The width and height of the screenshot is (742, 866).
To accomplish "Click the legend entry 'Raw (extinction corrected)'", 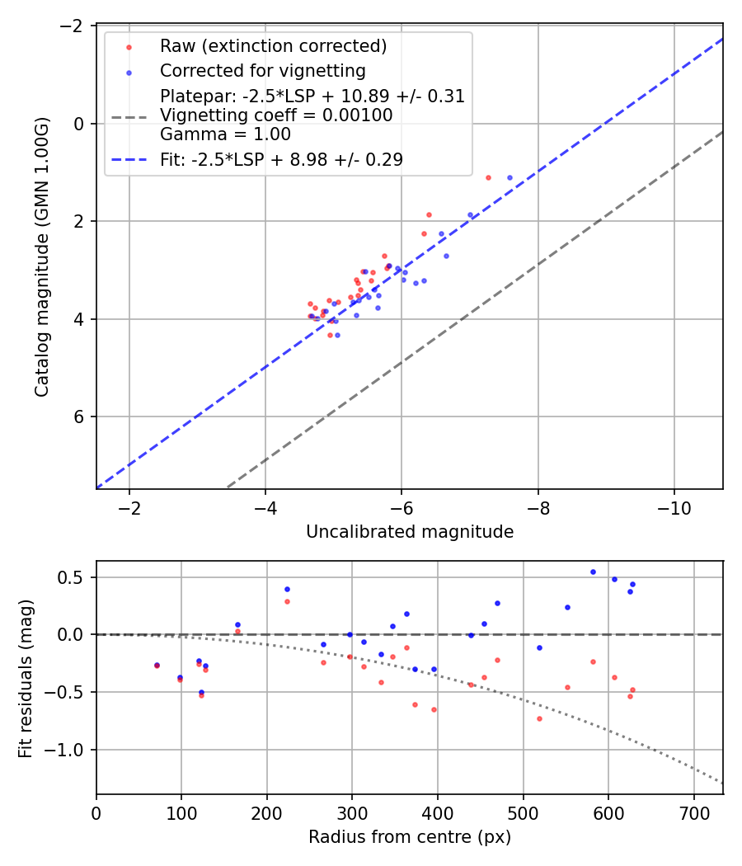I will (273, 46).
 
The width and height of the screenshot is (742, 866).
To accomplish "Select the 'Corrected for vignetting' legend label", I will (262, 70).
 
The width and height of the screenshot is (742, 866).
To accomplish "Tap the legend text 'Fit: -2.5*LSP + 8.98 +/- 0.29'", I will (281, 160).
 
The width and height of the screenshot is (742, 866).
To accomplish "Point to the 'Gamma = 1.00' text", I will (225, 134).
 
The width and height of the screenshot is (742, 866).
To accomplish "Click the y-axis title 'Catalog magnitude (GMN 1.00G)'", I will (42, 257).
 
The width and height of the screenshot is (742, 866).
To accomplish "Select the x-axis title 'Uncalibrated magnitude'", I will (410, 532).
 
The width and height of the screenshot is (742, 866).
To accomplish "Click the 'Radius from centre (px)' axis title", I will (410, 837).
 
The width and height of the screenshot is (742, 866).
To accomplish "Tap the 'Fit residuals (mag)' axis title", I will (26, 677).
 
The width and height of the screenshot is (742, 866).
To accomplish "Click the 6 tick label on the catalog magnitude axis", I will (80, 417).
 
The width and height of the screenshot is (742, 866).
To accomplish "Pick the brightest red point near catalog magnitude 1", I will (488, 177).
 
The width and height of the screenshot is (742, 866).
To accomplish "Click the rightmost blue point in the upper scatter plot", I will (510, 177).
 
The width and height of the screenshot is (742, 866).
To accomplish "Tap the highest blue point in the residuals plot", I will (593, 572).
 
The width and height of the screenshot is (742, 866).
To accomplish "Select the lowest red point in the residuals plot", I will (539, 718).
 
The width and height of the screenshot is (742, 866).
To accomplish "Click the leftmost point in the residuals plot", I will (157, 665).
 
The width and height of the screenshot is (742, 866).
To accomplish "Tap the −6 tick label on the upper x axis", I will (402, 506).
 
